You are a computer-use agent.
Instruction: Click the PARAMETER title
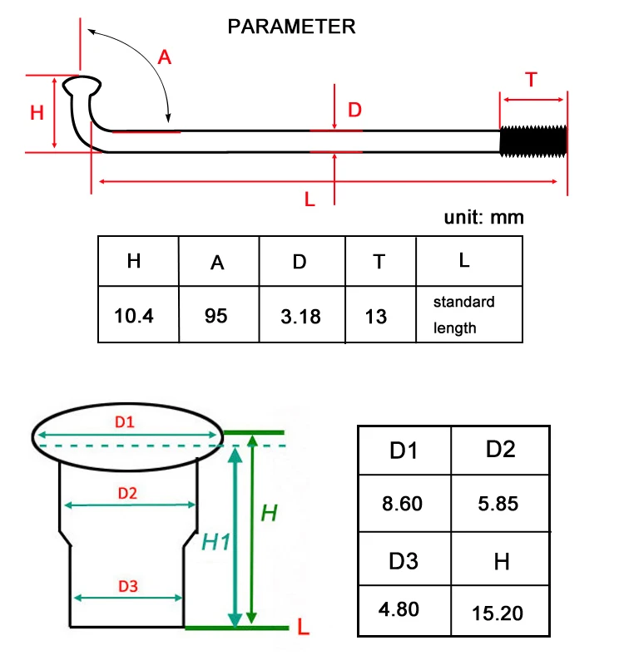click(291, 27)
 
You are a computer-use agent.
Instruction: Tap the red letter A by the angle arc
click(165, 57)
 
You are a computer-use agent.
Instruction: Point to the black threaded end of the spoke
click(533, 141)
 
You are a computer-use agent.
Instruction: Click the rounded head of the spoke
click(82, 86)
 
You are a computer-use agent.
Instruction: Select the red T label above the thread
click(532, 80)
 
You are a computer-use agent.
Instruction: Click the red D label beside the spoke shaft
click(354, 110)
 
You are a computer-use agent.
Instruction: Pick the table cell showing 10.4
click(134, 316)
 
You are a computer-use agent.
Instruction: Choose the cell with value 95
click(215, 316)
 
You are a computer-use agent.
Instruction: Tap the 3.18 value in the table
click(300, 317)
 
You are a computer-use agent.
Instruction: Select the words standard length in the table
click(463, 314)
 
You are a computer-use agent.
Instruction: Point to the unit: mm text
click(483, 217)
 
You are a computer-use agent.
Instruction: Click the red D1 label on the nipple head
click(125, 421)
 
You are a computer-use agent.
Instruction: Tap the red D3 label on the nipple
click(128, 586)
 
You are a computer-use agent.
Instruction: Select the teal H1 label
click(215, 542)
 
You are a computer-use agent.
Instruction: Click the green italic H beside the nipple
click(269, 513)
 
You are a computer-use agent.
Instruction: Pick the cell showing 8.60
click(402, 504)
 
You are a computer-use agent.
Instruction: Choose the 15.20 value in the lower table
click(498, 613)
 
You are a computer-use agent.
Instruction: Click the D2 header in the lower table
click(500, 449)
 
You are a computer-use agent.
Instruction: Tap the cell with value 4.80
click(399, 609)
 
